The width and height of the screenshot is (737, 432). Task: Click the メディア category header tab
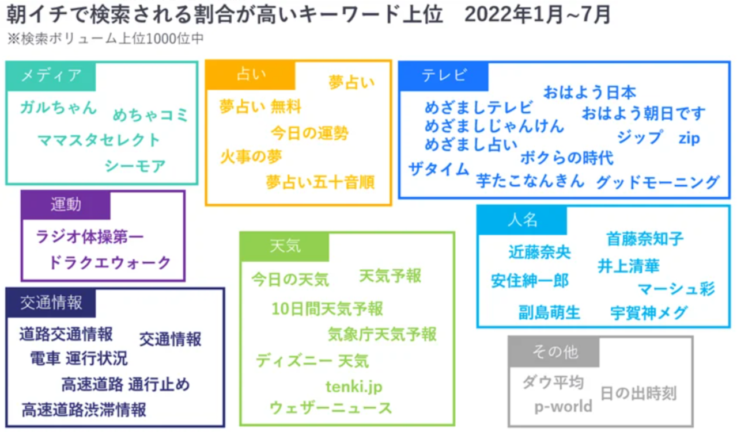click(x=51, y=75)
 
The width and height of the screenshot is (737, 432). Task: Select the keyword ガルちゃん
click(x=58, y=108)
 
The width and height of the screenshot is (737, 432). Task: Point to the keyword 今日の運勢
click(x=309, y=133)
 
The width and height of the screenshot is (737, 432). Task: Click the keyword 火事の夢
click(x=251, y=156)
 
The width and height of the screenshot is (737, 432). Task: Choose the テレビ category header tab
click(x=444, y=76)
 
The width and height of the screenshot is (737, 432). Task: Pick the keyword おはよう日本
click(x=589, y=92)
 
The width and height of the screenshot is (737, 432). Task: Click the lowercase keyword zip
click(x=689, y=138)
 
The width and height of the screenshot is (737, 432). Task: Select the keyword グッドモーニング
click(x=657, y=182)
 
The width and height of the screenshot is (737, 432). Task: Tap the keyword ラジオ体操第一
click(x=90, y=236)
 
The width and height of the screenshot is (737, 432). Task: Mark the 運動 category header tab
click(x=66, y=205)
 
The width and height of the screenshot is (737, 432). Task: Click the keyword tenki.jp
click(x=354, y=386)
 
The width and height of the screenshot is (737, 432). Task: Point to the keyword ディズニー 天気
click(x=312, y=361)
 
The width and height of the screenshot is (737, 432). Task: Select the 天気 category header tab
click(x=285, y=247)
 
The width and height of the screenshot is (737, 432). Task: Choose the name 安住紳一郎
click(x=530, y=281)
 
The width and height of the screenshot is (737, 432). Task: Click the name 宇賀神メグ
click(x=649, y=313)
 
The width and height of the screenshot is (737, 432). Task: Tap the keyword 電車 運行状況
click(x=79, y=359)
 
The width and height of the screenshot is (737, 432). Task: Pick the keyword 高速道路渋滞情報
click(x=84, y=410)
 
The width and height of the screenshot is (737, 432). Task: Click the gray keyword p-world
click(x=563, y=407)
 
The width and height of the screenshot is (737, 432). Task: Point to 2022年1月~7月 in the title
click(x=536, y=15)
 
